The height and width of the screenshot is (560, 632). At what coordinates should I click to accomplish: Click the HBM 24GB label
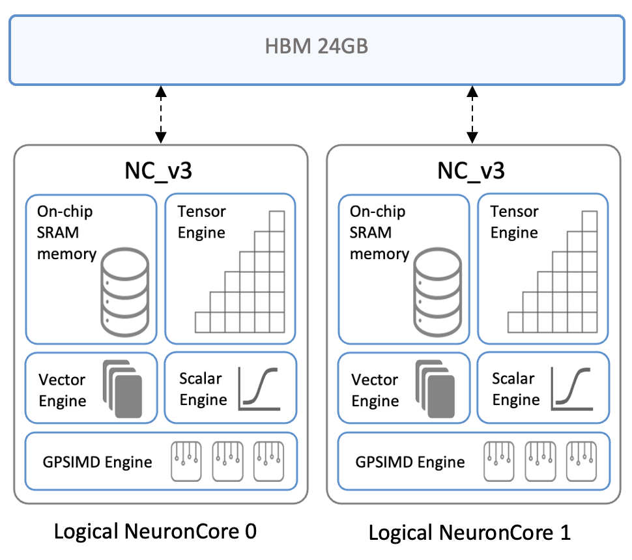[315, 47]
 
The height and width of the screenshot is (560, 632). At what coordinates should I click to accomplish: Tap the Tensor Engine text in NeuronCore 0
[201, 222]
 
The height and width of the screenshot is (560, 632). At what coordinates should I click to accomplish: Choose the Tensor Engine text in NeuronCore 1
[514, 222]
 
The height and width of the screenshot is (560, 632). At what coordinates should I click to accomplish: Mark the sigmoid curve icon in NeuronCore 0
[259, 388]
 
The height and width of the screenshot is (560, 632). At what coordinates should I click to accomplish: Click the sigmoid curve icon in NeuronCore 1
[572, 388]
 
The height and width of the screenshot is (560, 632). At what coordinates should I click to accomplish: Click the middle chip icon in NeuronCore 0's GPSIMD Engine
[227, 462]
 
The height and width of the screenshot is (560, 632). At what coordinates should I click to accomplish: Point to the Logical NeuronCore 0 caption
[155, 532]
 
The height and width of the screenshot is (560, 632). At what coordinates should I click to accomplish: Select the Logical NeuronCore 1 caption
[469, 533]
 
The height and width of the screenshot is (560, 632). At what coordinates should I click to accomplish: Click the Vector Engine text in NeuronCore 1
[375, 389]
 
